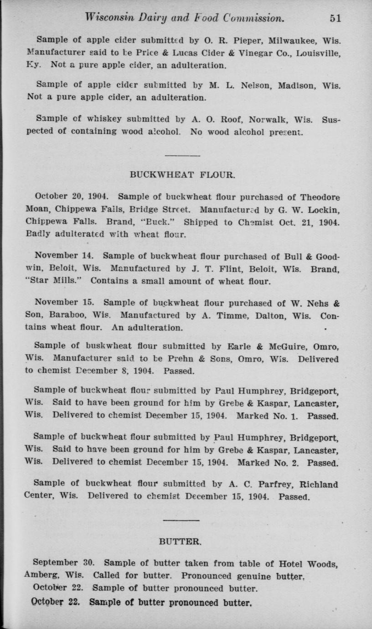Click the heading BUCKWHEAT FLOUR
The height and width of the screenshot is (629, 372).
click(x=182, y=175)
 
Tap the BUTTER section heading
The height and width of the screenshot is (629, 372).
click(x=181, y=541)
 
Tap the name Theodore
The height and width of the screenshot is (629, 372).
click(x=318, y=197)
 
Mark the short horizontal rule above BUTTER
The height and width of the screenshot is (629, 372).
click(x=181, y=520)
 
